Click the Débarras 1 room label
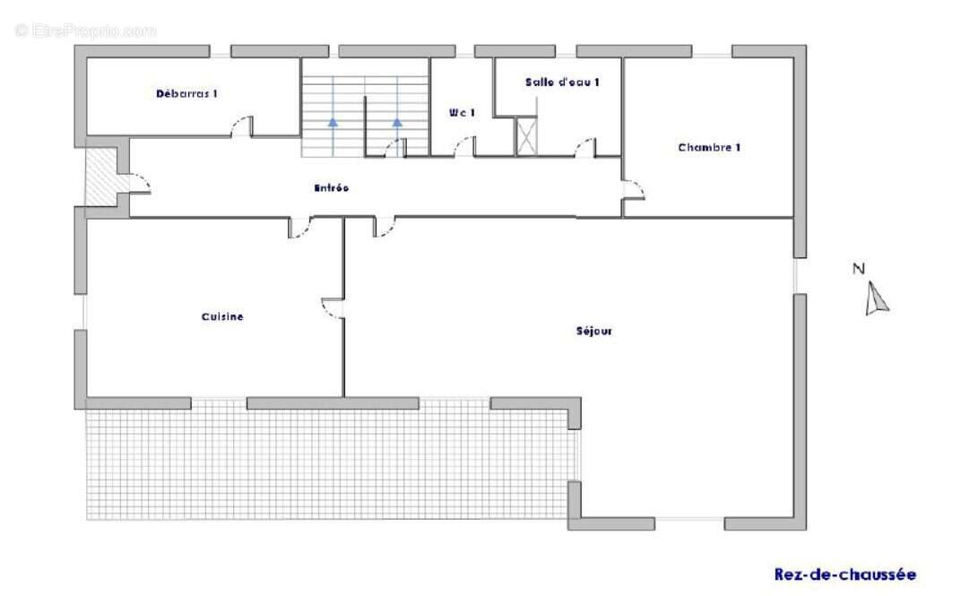tap(186, 93)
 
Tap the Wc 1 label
tap(462, 113)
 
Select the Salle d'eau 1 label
tap(562, 82)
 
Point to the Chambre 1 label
tap(709, 147)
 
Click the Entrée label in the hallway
tap(331, 187)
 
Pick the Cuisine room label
tap(222, 316)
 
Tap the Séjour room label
tap(593, 331)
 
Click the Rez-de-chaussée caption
tap(845, 574)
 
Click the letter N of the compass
tap(859, 269)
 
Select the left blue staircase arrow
tap(333, 122)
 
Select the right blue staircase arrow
tap(397, 122)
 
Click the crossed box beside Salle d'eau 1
tap(526, 136)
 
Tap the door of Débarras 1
tap(242, 126)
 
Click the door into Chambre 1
tap(633, 190)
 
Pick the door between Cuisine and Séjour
tap(333, 308)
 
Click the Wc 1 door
tap(464, 146)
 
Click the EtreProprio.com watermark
tap(85, 30)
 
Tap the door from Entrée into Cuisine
tap(300, 227)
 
